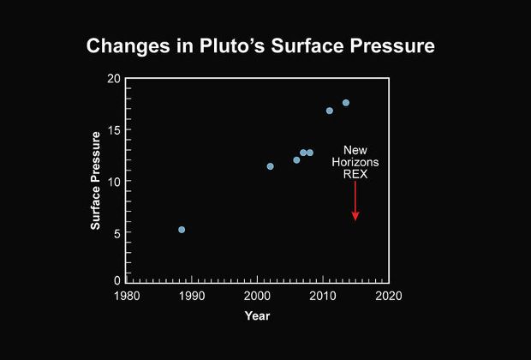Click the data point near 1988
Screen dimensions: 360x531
pyautogui.click(x=182, y=230)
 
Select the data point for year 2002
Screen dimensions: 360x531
pyautogui.click(x=270, y=166)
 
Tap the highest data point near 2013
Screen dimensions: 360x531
pyautogui.click(x=346, y=103)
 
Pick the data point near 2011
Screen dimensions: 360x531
pyautogui.click(x=330, y=111)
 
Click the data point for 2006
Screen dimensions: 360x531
pyautogui.click(x=296, y=160)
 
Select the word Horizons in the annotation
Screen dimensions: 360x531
pyautogui.click(x=355, y=161)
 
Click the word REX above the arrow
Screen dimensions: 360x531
pyautogui.click(x=355, y=173)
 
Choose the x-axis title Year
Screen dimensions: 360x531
pyautogui.click(x=257, y=315)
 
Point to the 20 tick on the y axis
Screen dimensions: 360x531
pyautogui.click(x=114, y=79)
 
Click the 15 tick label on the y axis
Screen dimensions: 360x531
pyautogui.click(x=114, y=130)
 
